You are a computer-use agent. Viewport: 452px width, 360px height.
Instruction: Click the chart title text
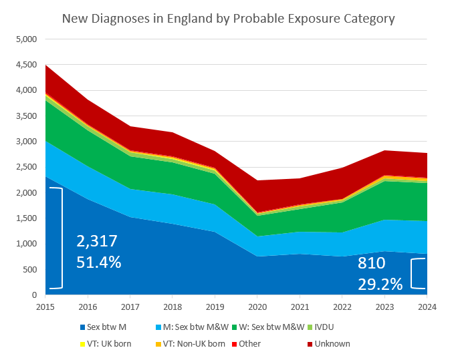[x=228, y=18]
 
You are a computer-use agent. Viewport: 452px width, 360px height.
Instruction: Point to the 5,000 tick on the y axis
[x=25, y=39]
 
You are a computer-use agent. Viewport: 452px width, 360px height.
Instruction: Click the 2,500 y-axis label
[x=25, y=167]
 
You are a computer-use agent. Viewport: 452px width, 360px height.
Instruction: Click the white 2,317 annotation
[x=98, y=240]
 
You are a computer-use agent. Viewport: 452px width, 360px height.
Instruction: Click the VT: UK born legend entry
[x=105, y=343]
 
